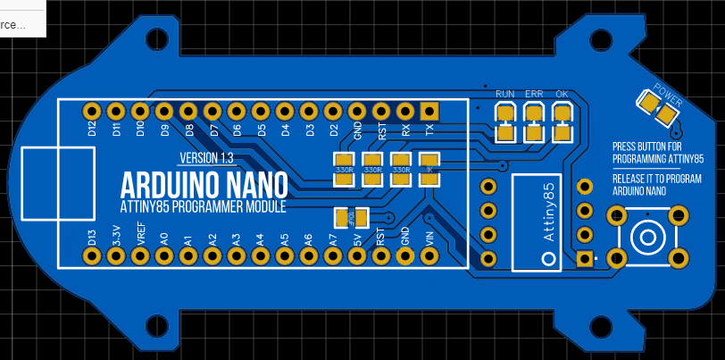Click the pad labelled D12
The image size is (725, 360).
pos(91,111)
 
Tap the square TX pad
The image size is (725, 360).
pos(429,111)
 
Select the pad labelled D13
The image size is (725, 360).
pos(91,256)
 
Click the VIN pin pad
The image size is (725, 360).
pos(429,256)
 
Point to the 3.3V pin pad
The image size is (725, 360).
pos(115,256)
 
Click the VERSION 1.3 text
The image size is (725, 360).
pos(206,158)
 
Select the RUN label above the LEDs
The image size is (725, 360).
pos(505,94)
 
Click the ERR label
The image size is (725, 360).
pos(534,94)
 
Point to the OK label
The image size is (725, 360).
pos(562,94)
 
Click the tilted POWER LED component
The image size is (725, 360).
pos(654,109)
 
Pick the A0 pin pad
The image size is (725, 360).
pos(163,256)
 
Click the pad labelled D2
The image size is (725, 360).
pos(333,111)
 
